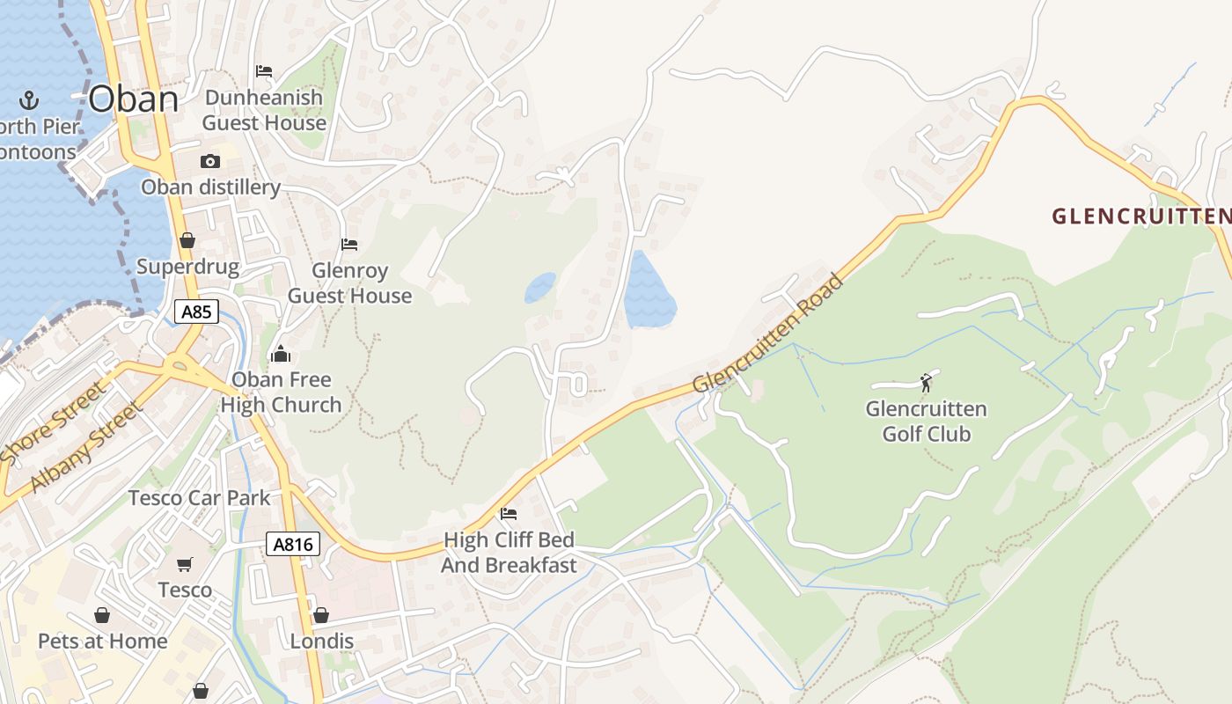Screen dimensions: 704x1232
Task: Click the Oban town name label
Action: click(x=134, y=99)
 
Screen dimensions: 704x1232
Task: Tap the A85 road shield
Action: click(x=196, y=312)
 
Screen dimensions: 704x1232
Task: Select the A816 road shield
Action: click(x=293, y=545)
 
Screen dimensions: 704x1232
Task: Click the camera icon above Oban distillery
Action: click(x=210, y=161)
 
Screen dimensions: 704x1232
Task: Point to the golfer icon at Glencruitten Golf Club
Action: click(x=926, y=383)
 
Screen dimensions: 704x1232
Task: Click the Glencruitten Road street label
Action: click(x=768, y=334)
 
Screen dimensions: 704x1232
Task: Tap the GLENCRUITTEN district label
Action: click(x=1140, y=216)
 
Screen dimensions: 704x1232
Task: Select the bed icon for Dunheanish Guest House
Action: click(x=264, y=71)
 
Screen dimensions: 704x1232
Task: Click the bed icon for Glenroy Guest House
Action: click(x=349, y=244)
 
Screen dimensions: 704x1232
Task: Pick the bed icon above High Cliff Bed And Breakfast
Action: click(x=509, y=514)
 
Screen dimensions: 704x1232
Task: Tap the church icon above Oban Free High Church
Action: click(x=281, y=354)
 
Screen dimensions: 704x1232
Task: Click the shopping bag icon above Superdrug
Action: click(x=187, y=240)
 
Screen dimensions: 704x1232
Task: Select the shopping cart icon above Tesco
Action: click(x=185, y=564)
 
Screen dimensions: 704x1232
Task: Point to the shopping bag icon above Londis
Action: click(x=321, y=615)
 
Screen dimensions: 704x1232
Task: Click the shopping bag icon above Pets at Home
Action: click(x=102, y=615)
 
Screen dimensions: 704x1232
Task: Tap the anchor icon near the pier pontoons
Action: click(x=29, y=99)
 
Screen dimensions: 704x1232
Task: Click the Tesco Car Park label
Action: click(x=200, y=498)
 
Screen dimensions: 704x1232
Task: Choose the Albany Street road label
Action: click(x=85, y=448)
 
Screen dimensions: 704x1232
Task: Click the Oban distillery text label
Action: click(x=210, y=187)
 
